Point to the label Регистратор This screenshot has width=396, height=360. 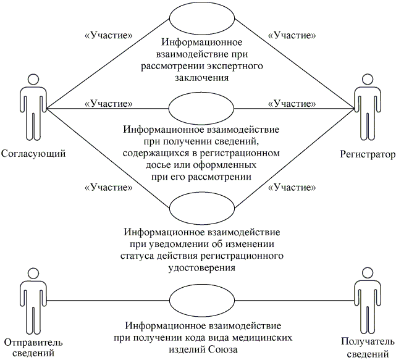click(x=366, y=153)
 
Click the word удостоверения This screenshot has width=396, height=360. click(x=202, y=268)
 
